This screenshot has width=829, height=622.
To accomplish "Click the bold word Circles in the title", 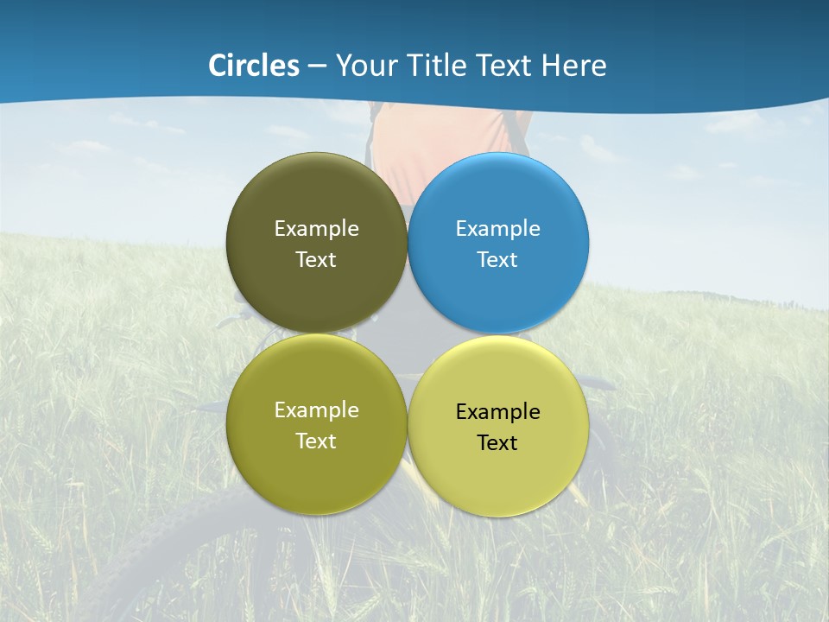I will tap(254, 66).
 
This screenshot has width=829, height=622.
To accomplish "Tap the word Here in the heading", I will tap(574, 66).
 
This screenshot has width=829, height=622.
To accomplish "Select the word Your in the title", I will tap(366, 66).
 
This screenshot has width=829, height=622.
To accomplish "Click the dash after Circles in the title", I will tap(316, 67).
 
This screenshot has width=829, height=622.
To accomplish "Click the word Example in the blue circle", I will tap(497, 229).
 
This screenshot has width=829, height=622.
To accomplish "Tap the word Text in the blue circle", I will tap(497, 260).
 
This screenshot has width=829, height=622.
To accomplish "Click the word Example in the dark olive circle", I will tap(316, 229).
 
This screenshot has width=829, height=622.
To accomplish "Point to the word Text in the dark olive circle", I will tap(316, 260).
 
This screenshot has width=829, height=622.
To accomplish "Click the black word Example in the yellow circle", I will tap(497, 412).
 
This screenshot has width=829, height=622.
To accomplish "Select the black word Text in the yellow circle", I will tap(497, 443).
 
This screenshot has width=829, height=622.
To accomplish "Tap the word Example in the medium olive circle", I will tap(316, 410).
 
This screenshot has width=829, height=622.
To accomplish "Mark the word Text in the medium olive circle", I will tap(316, 441).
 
